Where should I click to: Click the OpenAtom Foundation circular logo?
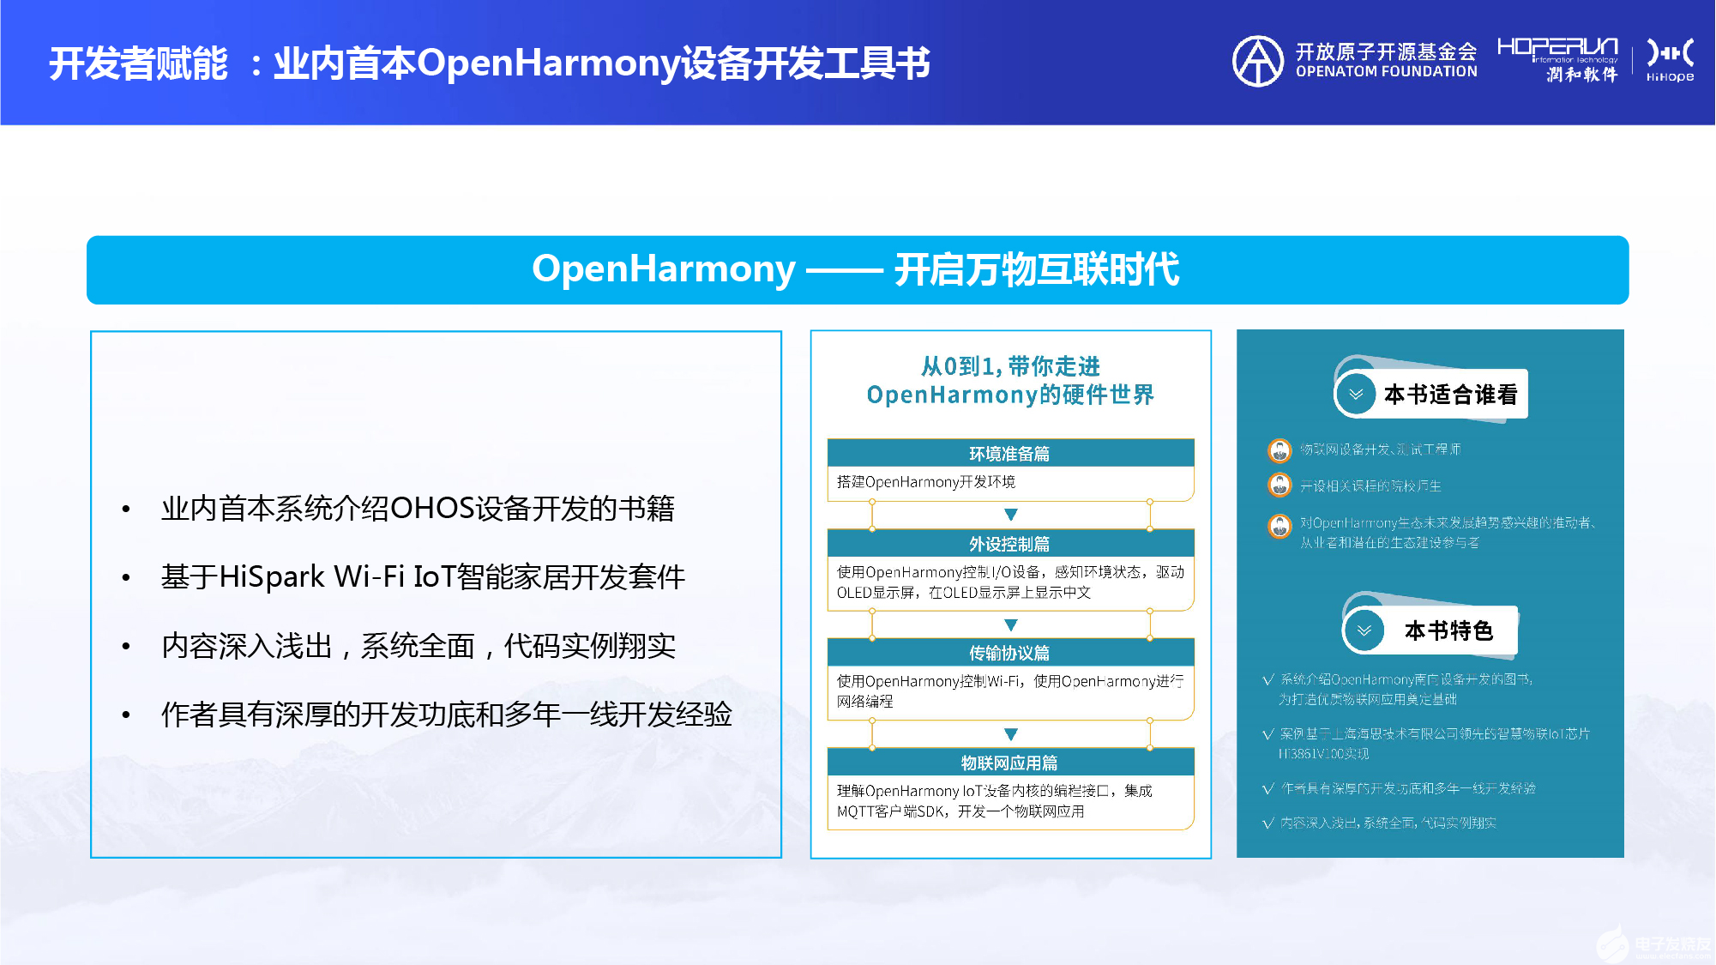[1257, 61]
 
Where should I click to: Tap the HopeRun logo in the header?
[1556, 59]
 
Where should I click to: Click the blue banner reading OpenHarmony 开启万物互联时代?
[857, 269]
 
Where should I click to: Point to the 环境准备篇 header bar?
[1010, 453]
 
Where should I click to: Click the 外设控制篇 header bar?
[1010, 543]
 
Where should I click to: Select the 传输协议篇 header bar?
[1010, 653]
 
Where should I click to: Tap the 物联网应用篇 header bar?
[1010, 763]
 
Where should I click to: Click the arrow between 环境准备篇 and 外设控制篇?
[1011, 515]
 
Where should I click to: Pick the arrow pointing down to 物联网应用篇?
[1011, 734]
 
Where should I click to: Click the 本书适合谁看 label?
[1450, 395]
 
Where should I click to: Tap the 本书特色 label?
[1448, 631]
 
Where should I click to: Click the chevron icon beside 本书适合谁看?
[1356, 395]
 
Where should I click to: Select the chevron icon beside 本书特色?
[1364, 631]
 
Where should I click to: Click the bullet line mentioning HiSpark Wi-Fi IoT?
[423, 577]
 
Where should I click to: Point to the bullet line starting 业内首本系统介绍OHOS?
[418, 509]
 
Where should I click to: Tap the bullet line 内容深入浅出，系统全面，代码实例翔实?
[418, 646]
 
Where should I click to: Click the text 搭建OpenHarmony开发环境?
[926, 482]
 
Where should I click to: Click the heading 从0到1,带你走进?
[1010, 367]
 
